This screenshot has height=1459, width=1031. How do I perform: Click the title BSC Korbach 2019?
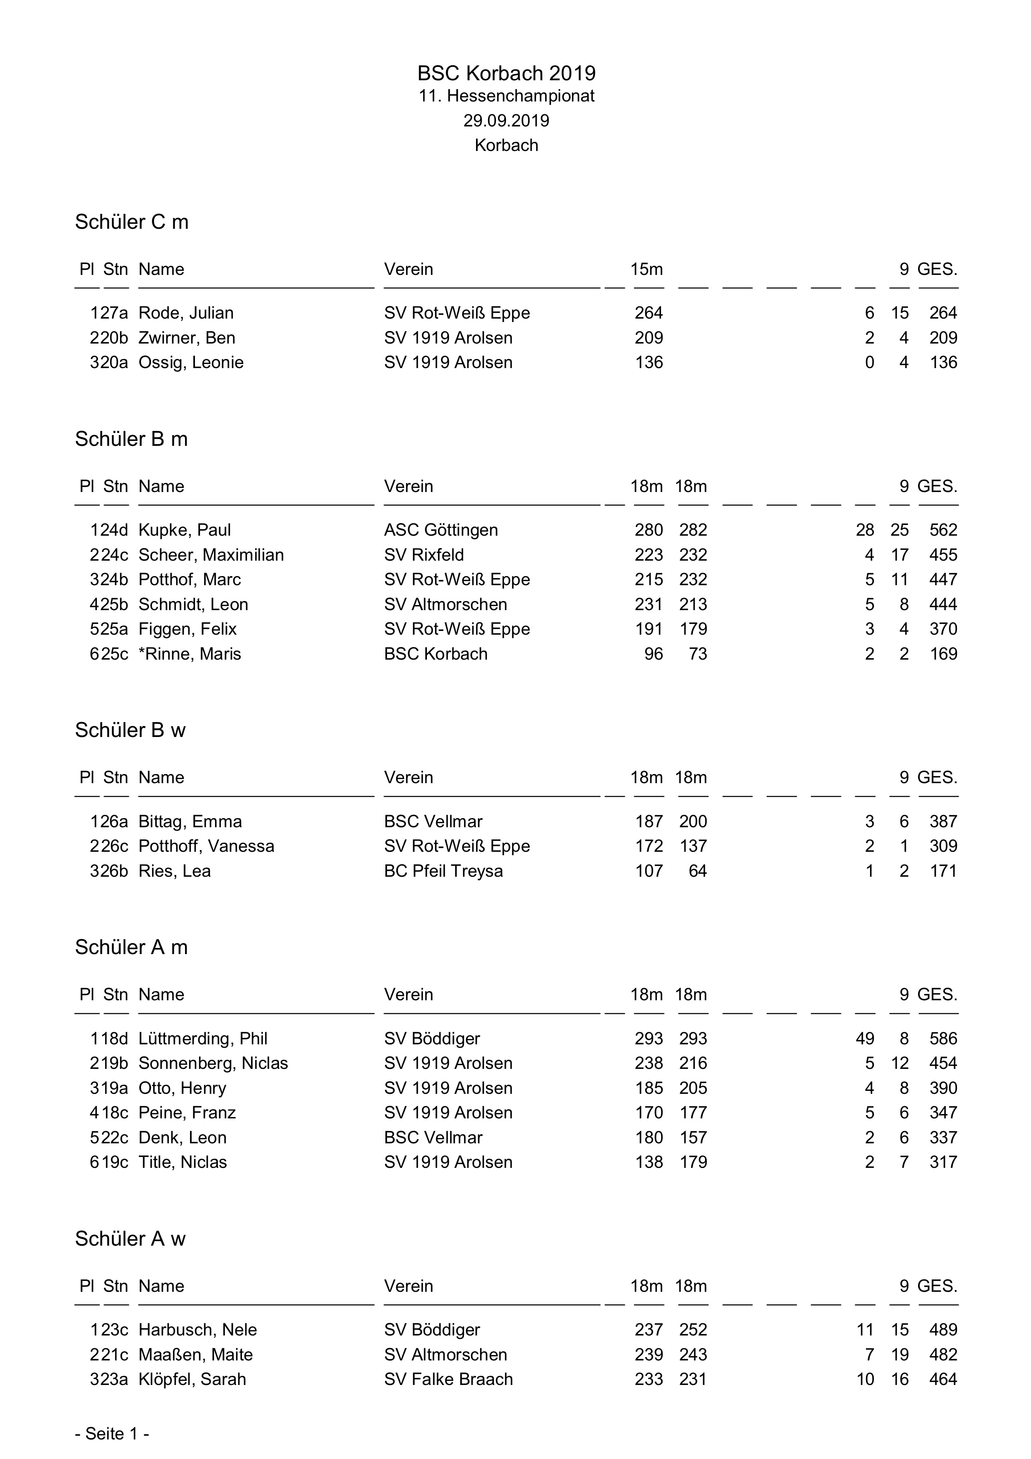[506, 74]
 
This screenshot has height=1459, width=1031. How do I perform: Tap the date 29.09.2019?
[506, 121]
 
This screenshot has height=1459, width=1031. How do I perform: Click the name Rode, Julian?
[186, 313]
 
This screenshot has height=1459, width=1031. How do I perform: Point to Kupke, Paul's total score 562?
[943, 530]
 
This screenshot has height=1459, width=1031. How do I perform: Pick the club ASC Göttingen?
[441, 530]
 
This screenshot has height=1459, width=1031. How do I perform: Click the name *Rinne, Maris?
[190, 654]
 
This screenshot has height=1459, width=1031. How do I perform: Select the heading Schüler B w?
[130, 730]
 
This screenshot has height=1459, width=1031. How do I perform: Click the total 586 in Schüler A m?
[943, 1039]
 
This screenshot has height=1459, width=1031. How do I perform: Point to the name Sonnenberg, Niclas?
[213, 1063]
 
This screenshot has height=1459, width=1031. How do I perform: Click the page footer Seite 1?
[112, 1434]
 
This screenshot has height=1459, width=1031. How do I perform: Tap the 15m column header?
[647, 270]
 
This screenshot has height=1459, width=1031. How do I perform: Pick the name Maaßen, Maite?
[196, 1354]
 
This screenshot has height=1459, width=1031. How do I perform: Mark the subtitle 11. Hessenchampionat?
[506, 96]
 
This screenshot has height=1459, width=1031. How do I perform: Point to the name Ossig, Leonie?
[191, 362]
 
